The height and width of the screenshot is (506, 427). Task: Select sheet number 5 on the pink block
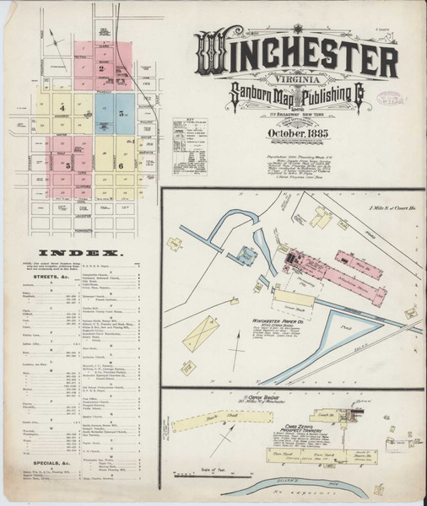pyautogui.click(x=68, y=166)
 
